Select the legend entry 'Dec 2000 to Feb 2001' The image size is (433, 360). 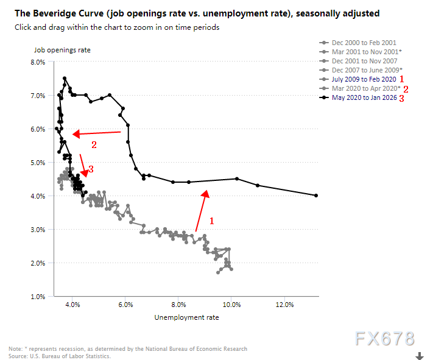[364, 43]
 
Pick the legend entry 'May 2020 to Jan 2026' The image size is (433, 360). [364, 98]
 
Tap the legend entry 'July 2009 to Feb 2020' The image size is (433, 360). [364, 80]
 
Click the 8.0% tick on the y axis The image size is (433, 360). [38, 62]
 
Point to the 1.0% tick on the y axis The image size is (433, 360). [38, 297]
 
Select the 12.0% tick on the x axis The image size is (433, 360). [284, 305]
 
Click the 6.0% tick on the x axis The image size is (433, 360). [125, 305]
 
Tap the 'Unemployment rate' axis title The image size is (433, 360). [186, 317]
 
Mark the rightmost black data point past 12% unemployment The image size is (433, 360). [317, 196]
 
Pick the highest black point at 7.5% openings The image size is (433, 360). [64, 79]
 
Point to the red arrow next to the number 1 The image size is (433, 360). [202, 211]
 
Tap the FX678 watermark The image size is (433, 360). [387, 339]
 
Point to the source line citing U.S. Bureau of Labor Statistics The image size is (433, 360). [60, 356]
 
